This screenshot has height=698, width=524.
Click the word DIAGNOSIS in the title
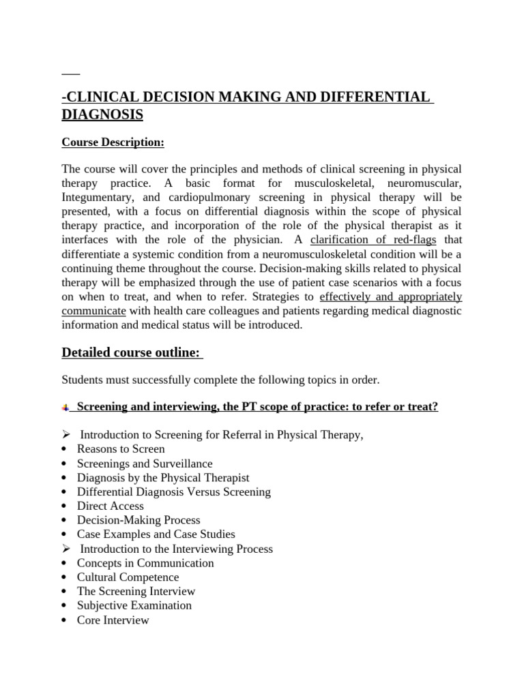pos(102,115)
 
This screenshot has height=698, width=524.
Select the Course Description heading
pos(113,142)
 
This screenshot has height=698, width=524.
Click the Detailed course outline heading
pos(132,352)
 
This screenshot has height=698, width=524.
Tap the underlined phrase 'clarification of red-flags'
pos(373,239)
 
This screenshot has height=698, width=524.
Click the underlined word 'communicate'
pos(93,311)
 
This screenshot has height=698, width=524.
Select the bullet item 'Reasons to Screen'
pos(121,449)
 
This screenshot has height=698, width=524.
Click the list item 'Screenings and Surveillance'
pos(145,464)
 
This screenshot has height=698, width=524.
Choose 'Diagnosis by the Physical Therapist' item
pos(163,478)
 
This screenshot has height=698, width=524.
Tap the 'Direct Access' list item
pos(111,506)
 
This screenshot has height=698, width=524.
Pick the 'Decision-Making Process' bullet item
pos(139,520)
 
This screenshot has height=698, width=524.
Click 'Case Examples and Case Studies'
pos(156,534)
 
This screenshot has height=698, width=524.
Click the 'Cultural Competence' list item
pos(128,577)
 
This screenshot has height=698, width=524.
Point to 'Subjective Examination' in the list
pos(134,605)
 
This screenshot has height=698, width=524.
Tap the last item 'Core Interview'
pos(113,620)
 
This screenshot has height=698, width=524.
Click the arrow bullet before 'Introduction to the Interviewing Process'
pos(65,549)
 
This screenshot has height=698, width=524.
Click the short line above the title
pos(71,73)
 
